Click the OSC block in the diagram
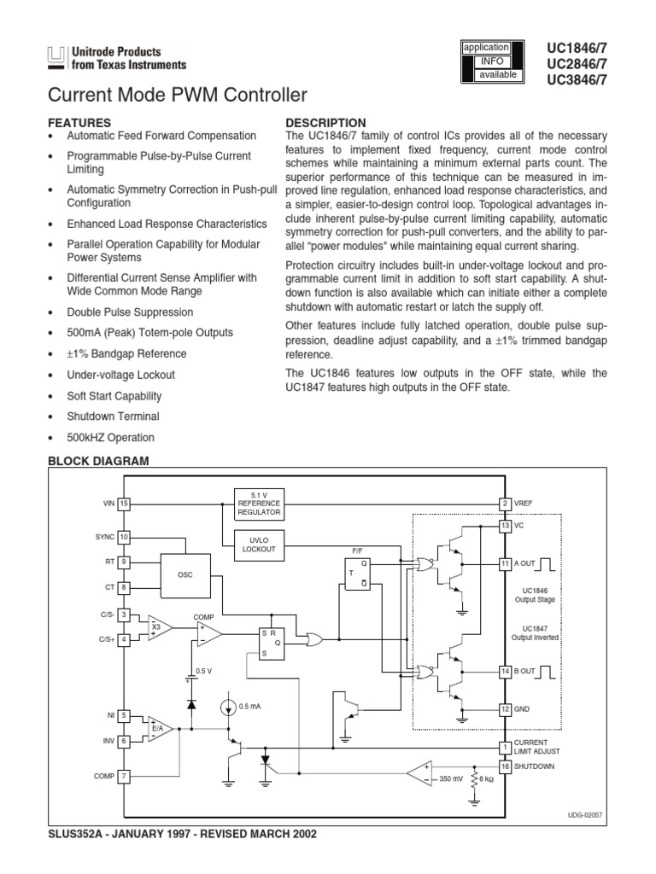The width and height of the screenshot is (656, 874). click(185, 575)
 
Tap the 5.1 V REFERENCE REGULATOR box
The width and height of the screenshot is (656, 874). click(258, 504)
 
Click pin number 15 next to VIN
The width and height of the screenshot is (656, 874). click(124, 504)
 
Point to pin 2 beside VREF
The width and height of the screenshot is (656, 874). click(505, 504)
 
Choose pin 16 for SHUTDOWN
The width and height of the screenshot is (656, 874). click(505, 766)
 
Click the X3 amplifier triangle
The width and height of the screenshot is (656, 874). click(158, 628)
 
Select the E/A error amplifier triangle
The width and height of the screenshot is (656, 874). click(158, 728)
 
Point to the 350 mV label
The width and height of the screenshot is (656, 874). click(452, 779)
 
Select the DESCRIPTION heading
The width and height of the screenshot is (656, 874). click(325, 123)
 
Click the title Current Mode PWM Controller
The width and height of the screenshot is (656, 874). click(178, 96)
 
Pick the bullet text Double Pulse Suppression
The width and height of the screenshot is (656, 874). click(131, 312)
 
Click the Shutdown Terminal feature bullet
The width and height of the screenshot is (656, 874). click(113, 417)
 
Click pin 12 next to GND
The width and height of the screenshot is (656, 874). click(505, 709)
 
